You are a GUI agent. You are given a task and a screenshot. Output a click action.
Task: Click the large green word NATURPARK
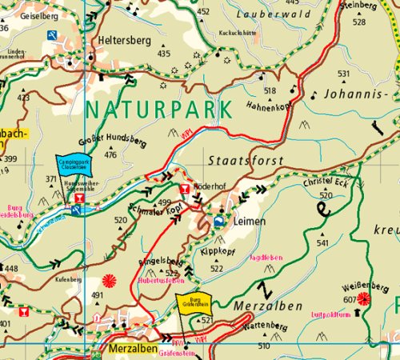click(x=157, y=109)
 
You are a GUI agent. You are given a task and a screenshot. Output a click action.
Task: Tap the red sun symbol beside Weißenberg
click(x=365, y=298)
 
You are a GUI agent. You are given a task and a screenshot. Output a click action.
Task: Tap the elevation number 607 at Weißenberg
click(x=349, y=300)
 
